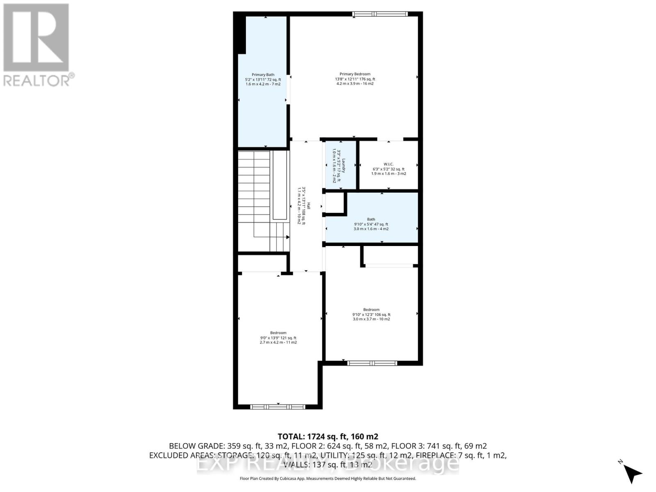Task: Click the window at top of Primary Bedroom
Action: point(380,14)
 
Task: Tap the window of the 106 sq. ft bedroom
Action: point(372,363)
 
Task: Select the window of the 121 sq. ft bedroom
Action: point(278,407)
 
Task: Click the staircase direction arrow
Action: point(287,237)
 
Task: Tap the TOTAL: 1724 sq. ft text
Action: point(328,436)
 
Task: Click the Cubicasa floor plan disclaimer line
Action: point(328,478)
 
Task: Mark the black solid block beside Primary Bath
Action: point(239,35)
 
